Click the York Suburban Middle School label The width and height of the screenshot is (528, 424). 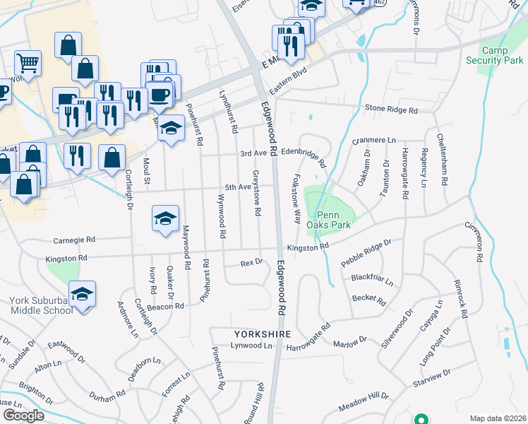pyautogui.click(x=41, y=305)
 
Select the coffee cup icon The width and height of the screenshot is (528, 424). pyautogui.click(x=160, y=95)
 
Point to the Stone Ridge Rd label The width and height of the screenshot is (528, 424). pyautogui.click(x=392, y=110)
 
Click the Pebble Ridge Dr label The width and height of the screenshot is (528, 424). pyautogui.click(x=366, y=252)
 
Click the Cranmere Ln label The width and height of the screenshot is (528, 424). pyautogui.click(x=374, y=141)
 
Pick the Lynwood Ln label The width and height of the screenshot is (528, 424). pyautogui.click(x=251, y=346)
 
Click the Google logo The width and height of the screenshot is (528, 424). pyautogui.click(x=23, y=416)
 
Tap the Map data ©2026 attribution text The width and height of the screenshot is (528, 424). pyautogui.click(x=497, y=418)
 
